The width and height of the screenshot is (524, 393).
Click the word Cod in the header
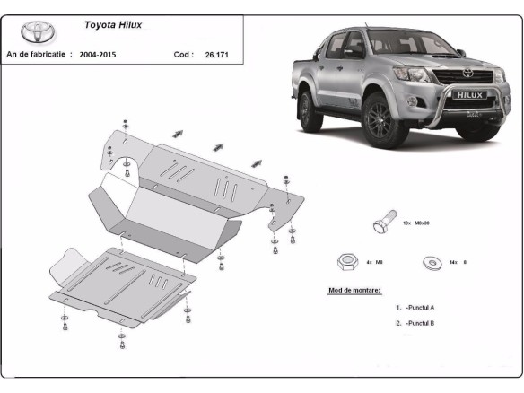pyautogui.click(x=182, y=55)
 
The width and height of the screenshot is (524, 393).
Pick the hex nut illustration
pyautogui.click(x=346, y=262)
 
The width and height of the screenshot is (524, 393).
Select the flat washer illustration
pyautogui.click(x=431, y=263)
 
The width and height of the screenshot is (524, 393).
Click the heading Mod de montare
pyautogui.click(x=354, y=291)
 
